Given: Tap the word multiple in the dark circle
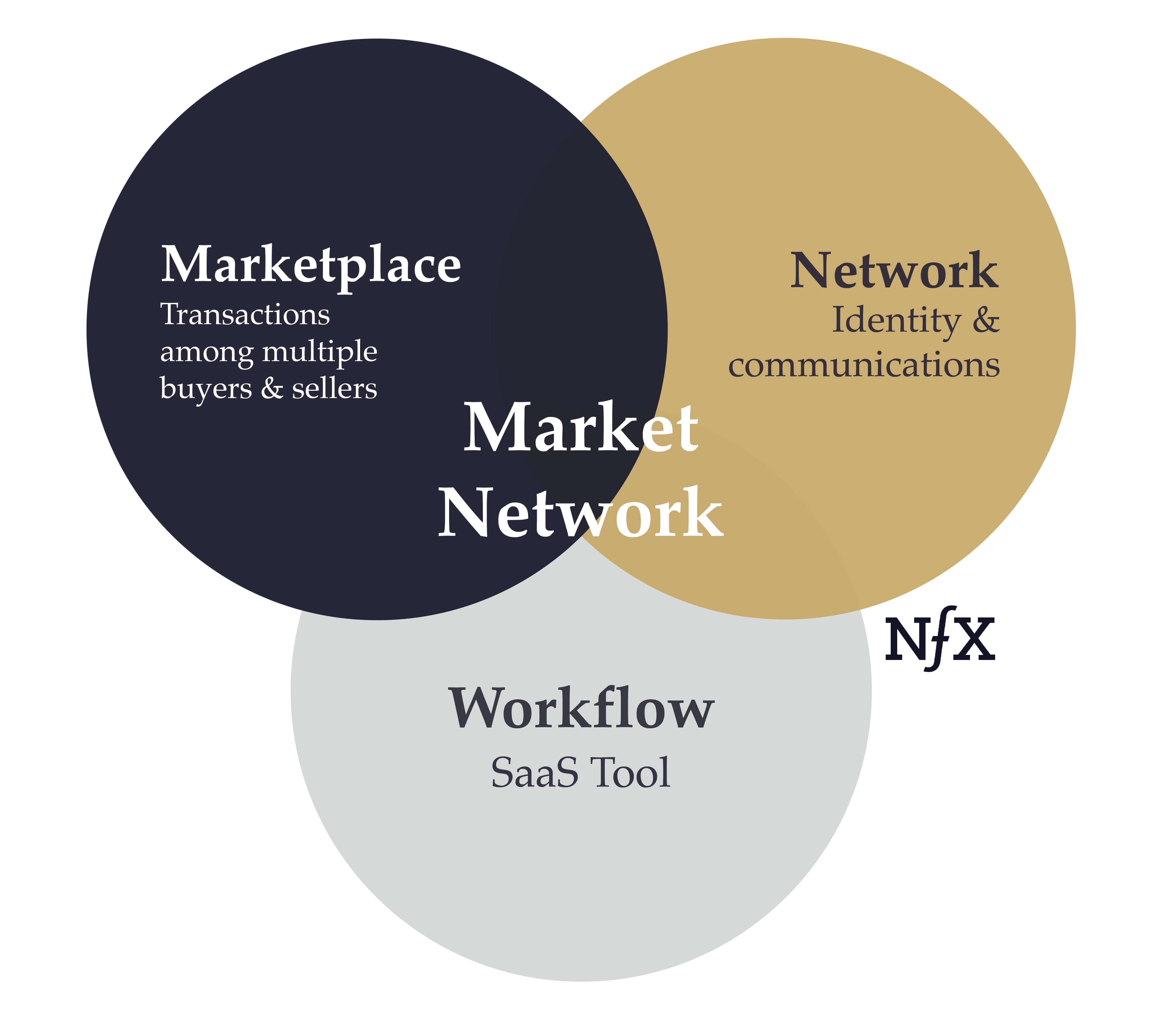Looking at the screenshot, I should tap(320, 352).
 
